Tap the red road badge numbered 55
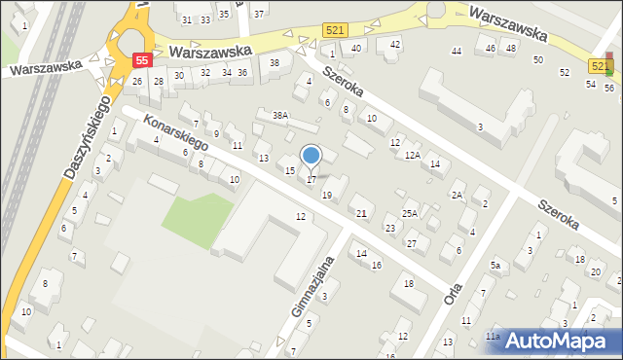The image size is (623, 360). click(x=142, y=60)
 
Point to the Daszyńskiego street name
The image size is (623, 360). click(x=86, y=137)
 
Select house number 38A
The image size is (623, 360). click(x=280, y=116)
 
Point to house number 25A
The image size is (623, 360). click(x=410, y=213)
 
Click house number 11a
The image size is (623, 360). click(x=493, y=337)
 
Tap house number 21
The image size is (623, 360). click(x=361, y=213)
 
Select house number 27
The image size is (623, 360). click(x=412, y=242)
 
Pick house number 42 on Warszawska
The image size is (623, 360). click(x=394, y=45)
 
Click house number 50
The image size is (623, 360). click(x=537, y=60)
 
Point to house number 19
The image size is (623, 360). click(x=327, y=196)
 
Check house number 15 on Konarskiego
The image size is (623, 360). click(x=289, y=171)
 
